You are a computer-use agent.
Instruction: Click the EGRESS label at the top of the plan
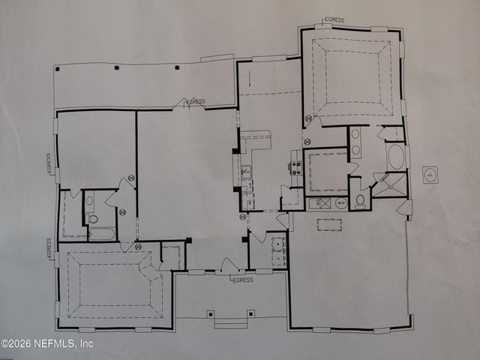pyautogui.click(x=334, y=19)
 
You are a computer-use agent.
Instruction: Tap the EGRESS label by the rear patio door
pyautogui.click(x=194, y=101)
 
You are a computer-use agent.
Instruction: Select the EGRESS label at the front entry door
pyautogui.click(x=242, y=280)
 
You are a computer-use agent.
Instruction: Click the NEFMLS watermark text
pyautogui.click(x=46, y=343)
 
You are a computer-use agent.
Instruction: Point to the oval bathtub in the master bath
pyautogui.click(x=396, y=157)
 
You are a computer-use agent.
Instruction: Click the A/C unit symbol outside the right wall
pyautogui.click(x=430, y=175)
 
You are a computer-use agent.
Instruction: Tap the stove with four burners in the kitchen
pyautogui.click(x=296, y=167)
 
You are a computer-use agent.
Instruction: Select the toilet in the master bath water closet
pyautogui.click(x=360, y=200)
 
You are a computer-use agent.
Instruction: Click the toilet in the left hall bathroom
pyautogui.click(x=93, y=219)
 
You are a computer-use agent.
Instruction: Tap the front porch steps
pyautogui.click(x=231, y=323)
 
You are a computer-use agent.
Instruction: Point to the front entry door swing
pyautogui.click(x=230, y=265)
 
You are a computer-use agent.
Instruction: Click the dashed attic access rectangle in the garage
pyautogui.click(x=329, y=224)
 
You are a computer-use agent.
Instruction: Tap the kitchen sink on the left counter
pyautogui.click(x=245, y=177)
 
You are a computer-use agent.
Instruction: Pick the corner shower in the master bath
pyautogui.click(x=389, y=184)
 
